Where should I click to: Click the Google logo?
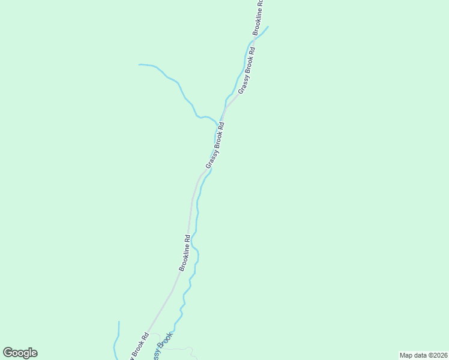20,353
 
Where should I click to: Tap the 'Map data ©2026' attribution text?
423,355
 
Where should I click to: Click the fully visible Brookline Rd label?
184,253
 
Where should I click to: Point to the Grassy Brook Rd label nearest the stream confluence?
215,145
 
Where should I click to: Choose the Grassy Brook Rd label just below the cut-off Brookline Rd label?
247,70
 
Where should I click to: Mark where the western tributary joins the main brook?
217,124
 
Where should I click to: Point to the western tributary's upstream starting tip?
139,64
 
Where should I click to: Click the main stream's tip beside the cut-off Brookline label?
268,26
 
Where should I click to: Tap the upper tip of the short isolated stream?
119,322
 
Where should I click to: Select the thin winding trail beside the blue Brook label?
183,347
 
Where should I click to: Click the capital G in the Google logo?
8,352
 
